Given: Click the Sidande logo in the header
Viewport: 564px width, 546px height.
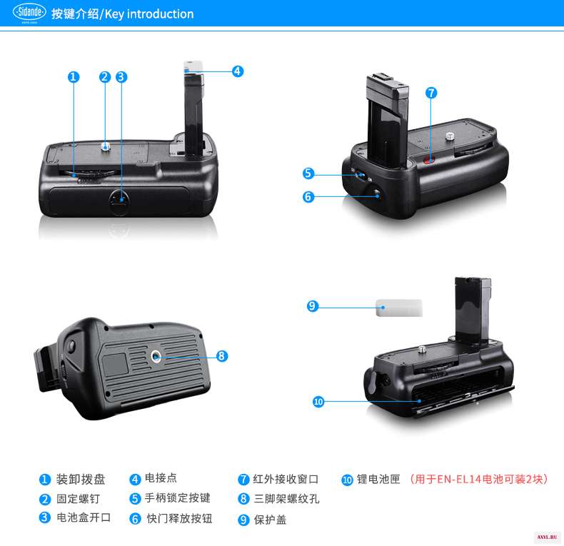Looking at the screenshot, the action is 29,13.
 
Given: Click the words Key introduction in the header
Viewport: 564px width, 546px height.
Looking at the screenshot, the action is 149,14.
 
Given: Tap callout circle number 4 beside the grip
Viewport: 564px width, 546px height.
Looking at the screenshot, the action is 238,71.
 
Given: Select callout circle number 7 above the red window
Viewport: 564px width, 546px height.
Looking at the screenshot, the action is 431,93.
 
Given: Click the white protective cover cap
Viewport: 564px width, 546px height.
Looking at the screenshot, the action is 399,308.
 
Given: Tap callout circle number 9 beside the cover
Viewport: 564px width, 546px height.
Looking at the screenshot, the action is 313,306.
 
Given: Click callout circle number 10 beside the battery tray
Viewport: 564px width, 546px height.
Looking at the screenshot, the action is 318,401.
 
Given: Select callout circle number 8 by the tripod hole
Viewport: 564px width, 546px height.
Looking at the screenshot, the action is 222,356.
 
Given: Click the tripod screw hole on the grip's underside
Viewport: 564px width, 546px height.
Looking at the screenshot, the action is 156,356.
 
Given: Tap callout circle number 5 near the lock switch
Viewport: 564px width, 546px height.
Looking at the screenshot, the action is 308,173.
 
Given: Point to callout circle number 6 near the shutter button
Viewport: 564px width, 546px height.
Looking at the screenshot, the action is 308,197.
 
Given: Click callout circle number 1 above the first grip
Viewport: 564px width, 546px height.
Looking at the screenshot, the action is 74,77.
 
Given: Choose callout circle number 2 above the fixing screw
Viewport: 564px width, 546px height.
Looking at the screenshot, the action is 105,77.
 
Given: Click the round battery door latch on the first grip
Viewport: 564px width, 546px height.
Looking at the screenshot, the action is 119,201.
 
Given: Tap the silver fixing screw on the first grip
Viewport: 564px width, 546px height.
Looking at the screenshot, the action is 105,146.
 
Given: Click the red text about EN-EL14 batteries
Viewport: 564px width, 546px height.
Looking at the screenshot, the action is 479,480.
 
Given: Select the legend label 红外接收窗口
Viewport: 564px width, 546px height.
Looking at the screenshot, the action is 286,479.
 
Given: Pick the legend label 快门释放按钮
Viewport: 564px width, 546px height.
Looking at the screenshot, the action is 179,518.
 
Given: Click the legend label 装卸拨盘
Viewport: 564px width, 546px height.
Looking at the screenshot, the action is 81,480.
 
